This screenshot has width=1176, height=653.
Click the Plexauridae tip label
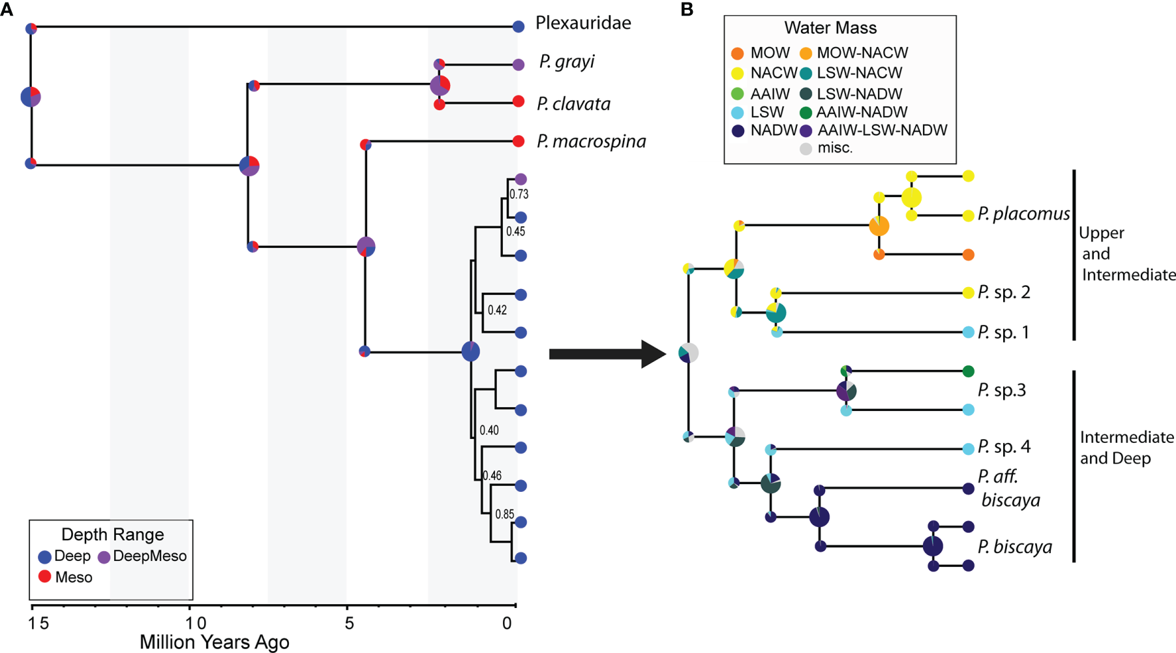click(x=582, y=23)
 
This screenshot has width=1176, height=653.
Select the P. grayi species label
click(x=566, y=62)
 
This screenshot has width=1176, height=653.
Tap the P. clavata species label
click(x=573, y=104)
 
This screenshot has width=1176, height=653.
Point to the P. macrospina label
click(x=591, y=142)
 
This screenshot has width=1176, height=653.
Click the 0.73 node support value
click(x=519, y=194)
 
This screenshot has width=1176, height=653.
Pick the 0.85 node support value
click(x=504, y=514)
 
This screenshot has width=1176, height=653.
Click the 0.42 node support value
click(x=497, y=311)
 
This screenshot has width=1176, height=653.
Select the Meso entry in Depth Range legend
click(x=73, y=577)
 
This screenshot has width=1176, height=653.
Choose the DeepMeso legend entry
click(x=149, y=556)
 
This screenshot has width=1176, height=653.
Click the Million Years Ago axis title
click(x=214, y=643)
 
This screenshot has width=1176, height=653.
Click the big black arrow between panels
click(x=607, y=354)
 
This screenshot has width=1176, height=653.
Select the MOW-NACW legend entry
click(x=862, y=53)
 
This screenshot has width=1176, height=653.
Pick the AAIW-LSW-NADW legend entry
click(x=882, y=130)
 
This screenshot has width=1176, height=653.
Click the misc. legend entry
click(x=834, y=148)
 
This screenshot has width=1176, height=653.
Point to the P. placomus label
click(x=1023, y=214)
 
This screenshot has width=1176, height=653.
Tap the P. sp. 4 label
click(x=1004, y=448)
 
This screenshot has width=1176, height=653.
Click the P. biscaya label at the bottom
click(x=1014, y=547)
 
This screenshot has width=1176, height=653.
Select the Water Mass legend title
click(x=830, y=28)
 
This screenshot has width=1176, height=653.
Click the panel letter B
click(x=687, y=10)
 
